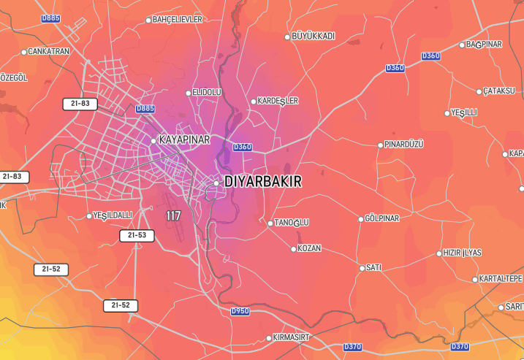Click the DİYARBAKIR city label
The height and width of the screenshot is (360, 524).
262,181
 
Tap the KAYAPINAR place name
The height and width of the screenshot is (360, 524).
184,139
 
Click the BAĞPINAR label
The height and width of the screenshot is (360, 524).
484,45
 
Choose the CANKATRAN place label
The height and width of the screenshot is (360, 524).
48,52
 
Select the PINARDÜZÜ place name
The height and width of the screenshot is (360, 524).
403,145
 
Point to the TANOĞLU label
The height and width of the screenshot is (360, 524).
292,223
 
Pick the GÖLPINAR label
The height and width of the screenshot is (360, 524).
381,219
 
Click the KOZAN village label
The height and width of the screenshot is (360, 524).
309,249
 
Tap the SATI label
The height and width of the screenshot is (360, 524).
373,268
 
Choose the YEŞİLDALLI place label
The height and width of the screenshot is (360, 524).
113,215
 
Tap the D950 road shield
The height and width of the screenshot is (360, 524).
240,311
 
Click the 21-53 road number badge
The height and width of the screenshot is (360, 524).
137,236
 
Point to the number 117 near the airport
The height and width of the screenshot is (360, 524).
173,216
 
